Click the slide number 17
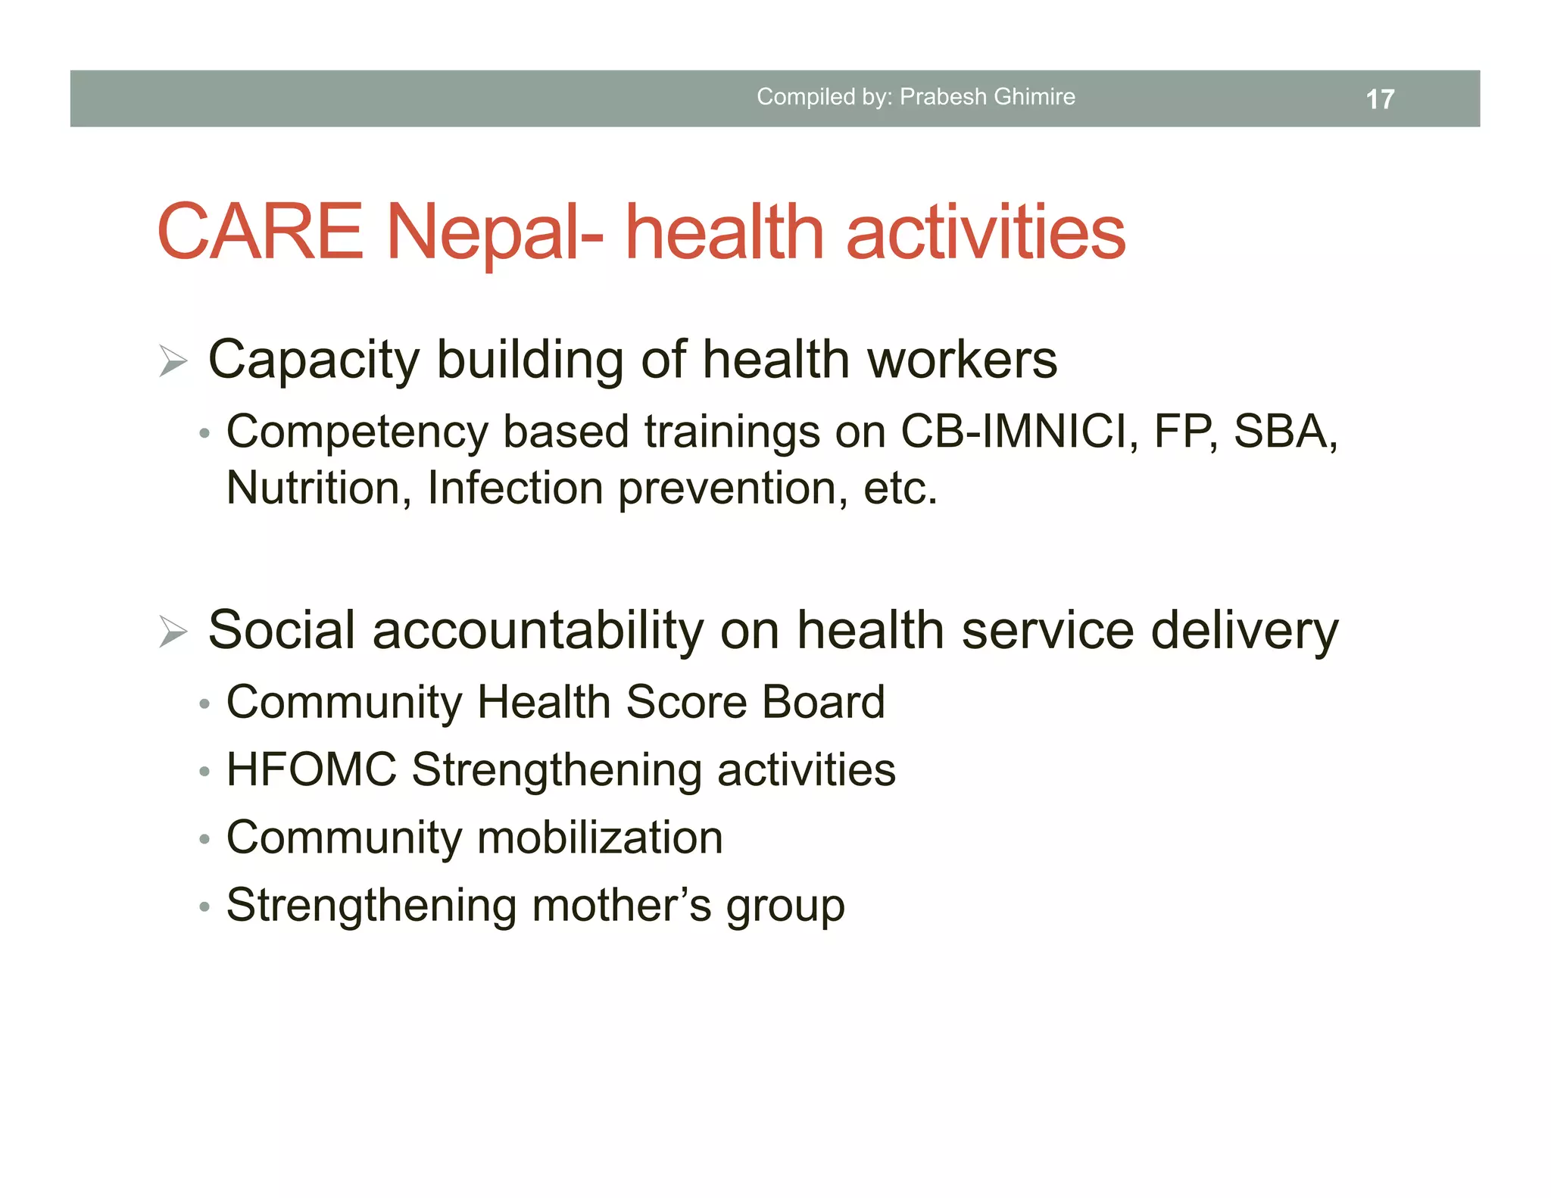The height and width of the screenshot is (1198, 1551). point(1379,99)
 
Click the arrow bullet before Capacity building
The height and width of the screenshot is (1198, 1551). point(173,360)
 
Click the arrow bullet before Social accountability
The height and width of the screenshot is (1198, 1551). point(173,632)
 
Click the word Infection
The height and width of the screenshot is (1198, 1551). point(515,488)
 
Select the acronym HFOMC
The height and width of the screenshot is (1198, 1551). point(311,770)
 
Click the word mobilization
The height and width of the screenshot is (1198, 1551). point(600,838)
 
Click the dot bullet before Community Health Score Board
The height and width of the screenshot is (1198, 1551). point(204,705)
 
